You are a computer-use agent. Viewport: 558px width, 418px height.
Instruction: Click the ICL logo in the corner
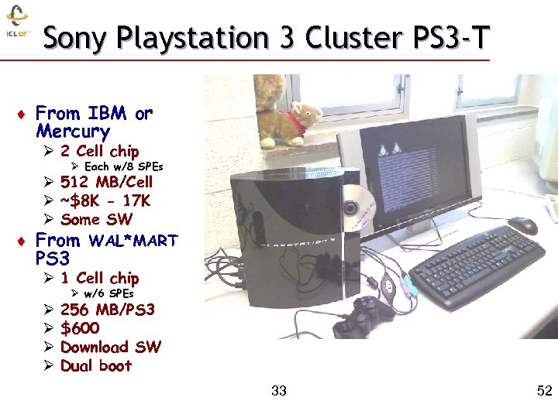[17, 23]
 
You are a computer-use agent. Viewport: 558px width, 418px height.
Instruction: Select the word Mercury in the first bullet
[73, 132]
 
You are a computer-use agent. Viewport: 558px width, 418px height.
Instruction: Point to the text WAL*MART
[133, 241]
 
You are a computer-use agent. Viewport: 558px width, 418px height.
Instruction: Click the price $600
[80, 328]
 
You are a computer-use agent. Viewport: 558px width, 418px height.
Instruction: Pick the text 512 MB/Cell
[106, 183]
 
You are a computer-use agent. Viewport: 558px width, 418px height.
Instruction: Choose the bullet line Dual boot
[95, 365]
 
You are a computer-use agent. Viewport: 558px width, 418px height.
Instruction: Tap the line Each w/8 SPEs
[123, 166]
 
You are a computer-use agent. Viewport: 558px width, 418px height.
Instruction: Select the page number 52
[544, 391]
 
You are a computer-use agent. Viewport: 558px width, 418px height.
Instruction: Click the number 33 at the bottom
[279, 391]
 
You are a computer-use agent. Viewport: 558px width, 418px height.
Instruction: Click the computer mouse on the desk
[522, 225]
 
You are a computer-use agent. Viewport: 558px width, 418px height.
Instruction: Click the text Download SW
[110, 347]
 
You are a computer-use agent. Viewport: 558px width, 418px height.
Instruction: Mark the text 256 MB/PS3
[107, 310]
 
